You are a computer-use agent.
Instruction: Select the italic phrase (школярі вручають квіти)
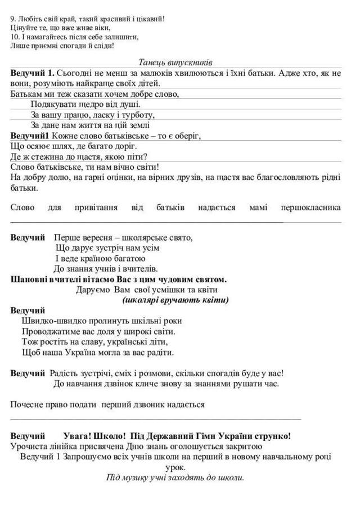coord(175,300)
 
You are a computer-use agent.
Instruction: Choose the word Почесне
coord(26,404)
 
